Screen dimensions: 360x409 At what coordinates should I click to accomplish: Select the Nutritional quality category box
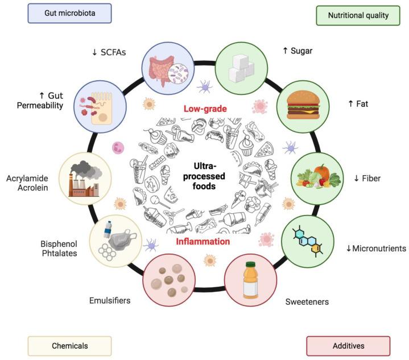point(358,15)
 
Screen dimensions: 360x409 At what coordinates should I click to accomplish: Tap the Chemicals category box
point(69,346)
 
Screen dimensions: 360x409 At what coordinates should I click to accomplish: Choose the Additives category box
point(348,346)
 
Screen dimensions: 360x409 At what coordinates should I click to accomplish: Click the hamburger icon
point(299,106)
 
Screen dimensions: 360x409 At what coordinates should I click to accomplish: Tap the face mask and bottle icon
point(116,239)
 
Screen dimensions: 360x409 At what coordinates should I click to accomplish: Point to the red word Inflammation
point(203,241)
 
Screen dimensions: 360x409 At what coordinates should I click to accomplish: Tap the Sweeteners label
point(307,300)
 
